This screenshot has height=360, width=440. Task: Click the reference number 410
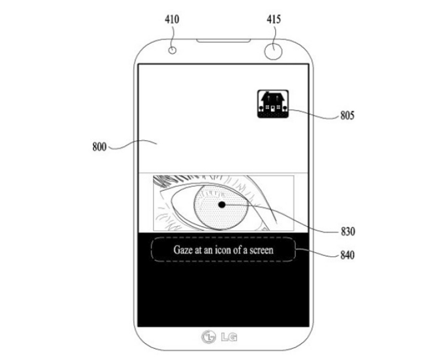[172, 19]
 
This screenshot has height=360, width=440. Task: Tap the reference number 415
[273, 19]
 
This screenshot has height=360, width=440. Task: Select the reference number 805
[347, 116]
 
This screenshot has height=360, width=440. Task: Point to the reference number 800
[100, 147]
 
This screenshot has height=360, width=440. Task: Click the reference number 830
[348, 231]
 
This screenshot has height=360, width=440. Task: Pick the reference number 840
[347, 255]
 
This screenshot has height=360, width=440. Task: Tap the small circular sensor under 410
[172, 51]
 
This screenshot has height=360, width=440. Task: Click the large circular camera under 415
[273, 51]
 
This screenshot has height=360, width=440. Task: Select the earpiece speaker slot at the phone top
[224, 41]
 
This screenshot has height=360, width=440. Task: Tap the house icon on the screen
[273, 104]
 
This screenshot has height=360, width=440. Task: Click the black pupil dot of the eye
[222, 205]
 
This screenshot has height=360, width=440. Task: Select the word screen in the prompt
[262, 250]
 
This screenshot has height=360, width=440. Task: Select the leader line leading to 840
[317, 253]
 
